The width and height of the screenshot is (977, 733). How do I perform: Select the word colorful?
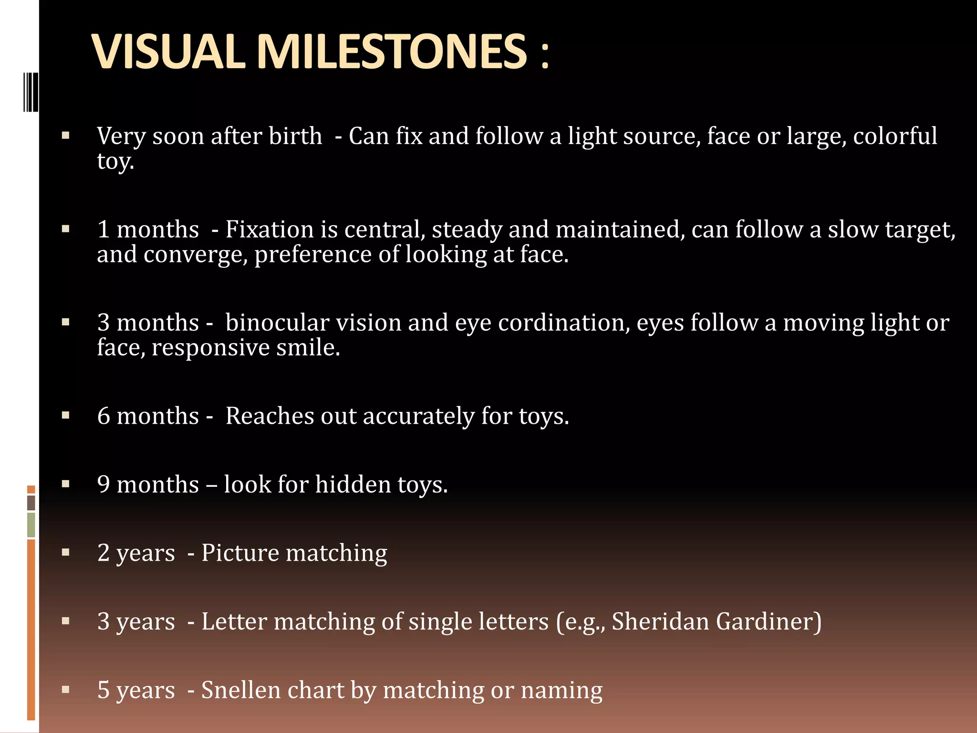[895, 136]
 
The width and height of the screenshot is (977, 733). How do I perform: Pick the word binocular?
[277, 323]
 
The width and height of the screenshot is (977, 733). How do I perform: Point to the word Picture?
[240, 553]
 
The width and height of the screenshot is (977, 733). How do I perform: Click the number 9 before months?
[104, 485]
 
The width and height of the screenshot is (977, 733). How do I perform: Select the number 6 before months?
[104, 416]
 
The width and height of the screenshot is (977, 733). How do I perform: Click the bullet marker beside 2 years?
[66, 553]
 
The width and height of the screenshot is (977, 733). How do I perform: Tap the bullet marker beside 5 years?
[66, 690]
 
